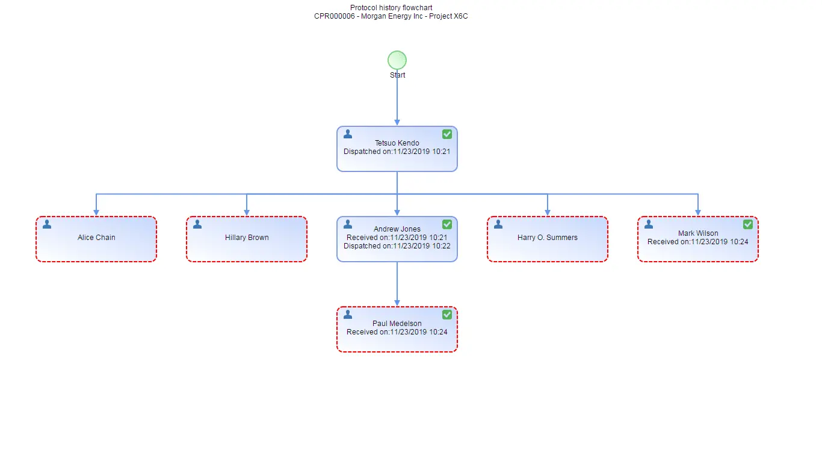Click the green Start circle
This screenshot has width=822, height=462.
[x=397, y=60]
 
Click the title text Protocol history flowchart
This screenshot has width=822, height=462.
[x=391, y=8]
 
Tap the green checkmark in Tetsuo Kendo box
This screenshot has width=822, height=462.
[x=447, y=134]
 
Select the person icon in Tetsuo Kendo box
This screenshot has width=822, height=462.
[x=348, y=134]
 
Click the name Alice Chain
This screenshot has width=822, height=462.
[x=96, y=238]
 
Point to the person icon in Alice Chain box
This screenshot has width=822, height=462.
[x=47, y=224]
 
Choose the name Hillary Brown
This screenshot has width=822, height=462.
[x=247, y=238]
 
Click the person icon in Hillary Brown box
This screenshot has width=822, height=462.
[x=197, y=224]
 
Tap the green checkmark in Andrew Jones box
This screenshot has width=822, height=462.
[x=447, y=224]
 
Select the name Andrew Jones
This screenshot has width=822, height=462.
[x=397, y=229]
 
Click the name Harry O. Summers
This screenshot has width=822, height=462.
[x=548, y=238]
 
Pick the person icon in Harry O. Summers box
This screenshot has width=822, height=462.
[x=498, y=224]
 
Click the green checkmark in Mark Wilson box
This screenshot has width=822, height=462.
[x=748, y=224]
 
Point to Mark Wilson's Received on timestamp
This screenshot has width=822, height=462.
[x=698, y=242]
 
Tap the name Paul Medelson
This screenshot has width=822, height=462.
[x=397, y=324]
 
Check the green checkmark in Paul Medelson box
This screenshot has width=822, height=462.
[x=447, y=315]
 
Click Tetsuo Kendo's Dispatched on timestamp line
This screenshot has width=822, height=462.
[x=397, y=152]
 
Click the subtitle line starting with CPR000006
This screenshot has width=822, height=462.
[x=391, y=16]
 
